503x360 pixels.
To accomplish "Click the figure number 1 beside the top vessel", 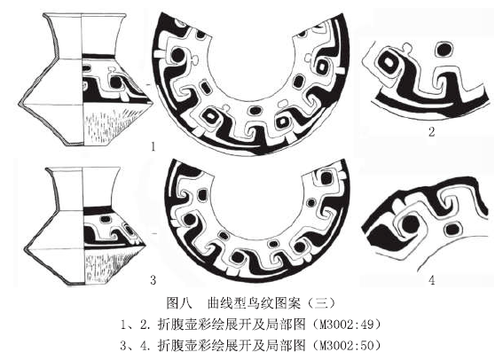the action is click(x=153, y=147).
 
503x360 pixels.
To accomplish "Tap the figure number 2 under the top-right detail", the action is click(x=432, y=132).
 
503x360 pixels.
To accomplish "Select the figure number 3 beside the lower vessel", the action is click(x=153, y=280).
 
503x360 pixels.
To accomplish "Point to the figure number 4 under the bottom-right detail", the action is click(x=432, y=280).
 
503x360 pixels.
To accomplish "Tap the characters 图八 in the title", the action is click(x=179, y=302).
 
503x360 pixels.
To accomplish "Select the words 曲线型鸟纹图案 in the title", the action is click(x=254, y=302).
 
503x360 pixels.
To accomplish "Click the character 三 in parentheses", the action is click(x=320, y=302).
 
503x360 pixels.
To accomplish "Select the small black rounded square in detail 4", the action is click(x=452, y=230).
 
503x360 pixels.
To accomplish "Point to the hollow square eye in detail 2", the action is click(x=389, y=61).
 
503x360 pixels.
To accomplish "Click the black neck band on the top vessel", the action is click(x=98, y=56).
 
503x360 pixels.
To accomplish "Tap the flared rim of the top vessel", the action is click(x=84, y=15).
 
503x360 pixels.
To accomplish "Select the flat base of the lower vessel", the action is click(x=84, y=285).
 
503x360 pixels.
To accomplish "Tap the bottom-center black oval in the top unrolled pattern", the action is click(x=255, y=111).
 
